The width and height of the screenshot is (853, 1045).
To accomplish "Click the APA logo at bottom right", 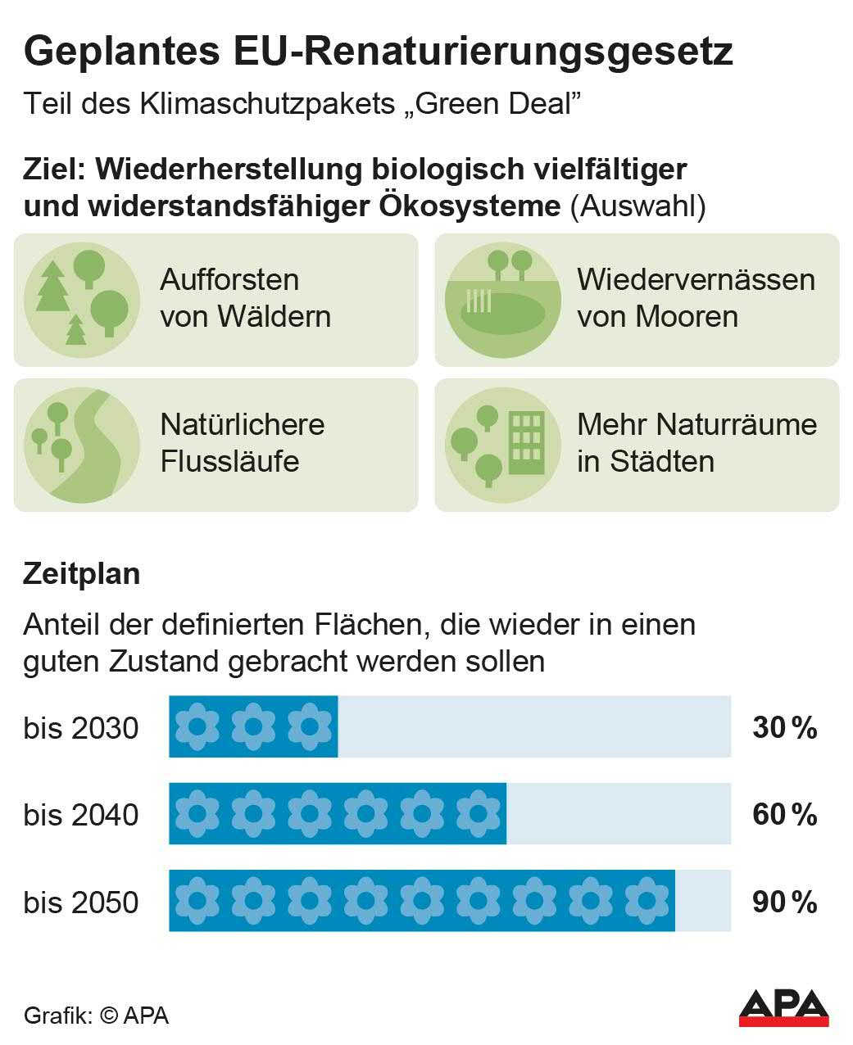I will click(x=783, y=1007).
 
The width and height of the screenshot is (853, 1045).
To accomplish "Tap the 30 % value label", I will click(x=784, y=727).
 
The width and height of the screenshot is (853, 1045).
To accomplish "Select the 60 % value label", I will click(x=784, y=815).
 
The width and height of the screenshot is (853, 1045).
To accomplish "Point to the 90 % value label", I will click(x=784, y=902).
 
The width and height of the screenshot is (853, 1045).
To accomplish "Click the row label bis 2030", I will click(x=81, y=728).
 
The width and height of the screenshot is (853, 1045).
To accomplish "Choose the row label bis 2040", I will click(x=81, y=816).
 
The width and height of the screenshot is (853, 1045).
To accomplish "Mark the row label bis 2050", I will click(x=81, y=902).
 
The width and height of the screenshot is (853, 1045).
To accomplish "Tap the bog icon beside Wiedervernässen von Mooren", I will click(x=502, y=300).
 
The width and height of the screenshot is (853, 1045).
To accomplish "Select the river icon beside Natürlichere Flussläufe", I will click(x=82, y=445).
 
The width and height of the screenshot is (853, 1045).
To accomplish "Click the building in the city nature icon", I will click(x=526, y=442).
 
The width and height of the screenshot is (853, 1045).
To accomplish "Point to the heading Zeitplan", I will click(x=82, y=573).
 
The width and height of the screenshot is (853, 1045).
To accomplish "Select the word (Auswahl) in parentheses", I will click(x=638, y=206).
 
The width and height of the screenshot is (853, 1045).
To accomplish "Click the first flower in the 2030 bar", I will click(x=197, y=726).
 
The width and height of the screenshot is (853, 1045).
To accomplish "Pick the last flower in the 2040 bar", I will click(x=478, y=814).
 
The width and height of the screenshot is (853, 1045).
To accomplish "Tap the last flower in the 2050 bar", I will click(x=646, y=901).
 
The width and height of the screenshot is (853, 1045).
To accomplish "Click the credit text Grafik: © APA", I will click(x=96, y=1016).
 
